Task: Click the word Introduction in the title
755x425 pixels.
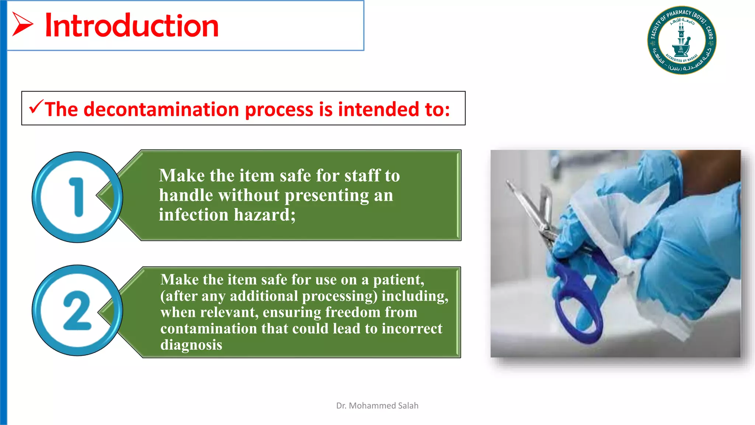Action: tap(132, 26)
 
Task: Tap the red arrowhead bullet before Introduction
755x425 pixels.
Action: tap(22, 24)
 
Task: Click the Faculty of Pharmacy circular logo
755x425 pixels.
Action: tap(682, 40)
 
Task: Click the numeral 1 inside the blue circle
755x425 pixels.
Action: tap(77, 197)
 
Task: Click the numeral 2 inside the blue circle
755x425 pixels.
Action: tap(77, 311)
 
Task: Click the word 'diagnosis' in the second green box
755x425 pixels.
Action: tap(191, 345)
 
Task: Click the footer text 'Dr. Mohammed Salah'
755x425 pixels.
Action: tap(377, 406)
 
